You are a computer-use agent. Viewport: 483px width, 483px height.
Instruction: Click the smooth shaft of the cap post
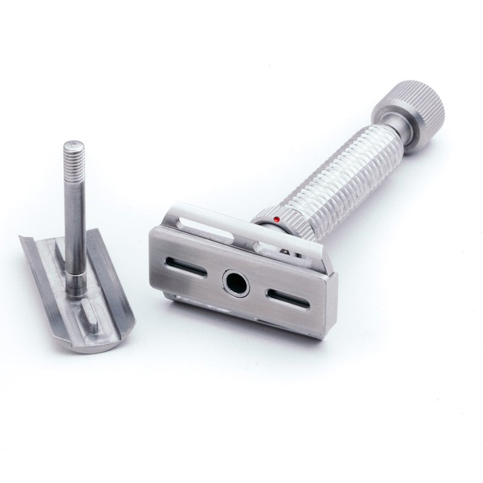click(75, 222)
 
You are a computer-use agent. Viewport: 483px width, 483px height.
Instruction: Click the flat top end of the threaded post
click(74, 143)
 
